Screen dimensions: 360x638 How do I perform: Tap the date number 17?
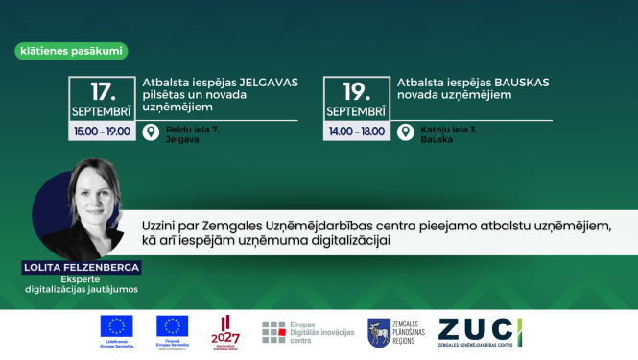tap(103, 93)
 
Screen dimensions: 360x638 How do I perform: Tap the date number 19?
tap(356, 93)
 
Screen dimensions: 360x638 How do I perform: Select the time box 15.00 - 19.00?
tap(103, 131)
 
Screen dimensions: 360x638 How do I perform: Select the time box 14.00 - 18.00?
tap(356, 131)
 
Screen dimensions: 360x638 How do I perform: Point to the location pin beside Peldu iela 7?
tap(151, 132)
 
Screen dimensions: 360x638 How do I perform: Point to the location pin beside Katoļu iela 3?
tap(404, 132)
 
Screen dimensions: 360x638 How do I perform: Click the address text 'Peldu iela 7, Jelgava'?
tap(185, 133)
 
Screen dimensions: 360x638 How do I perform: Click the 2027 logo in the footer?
tap(224, 331)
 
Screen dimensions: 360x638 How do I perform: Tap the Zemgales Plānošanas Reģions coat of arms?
tap(378, 332)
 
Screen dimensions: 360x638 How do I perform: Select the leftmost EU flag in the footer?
tap(120, 326)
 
